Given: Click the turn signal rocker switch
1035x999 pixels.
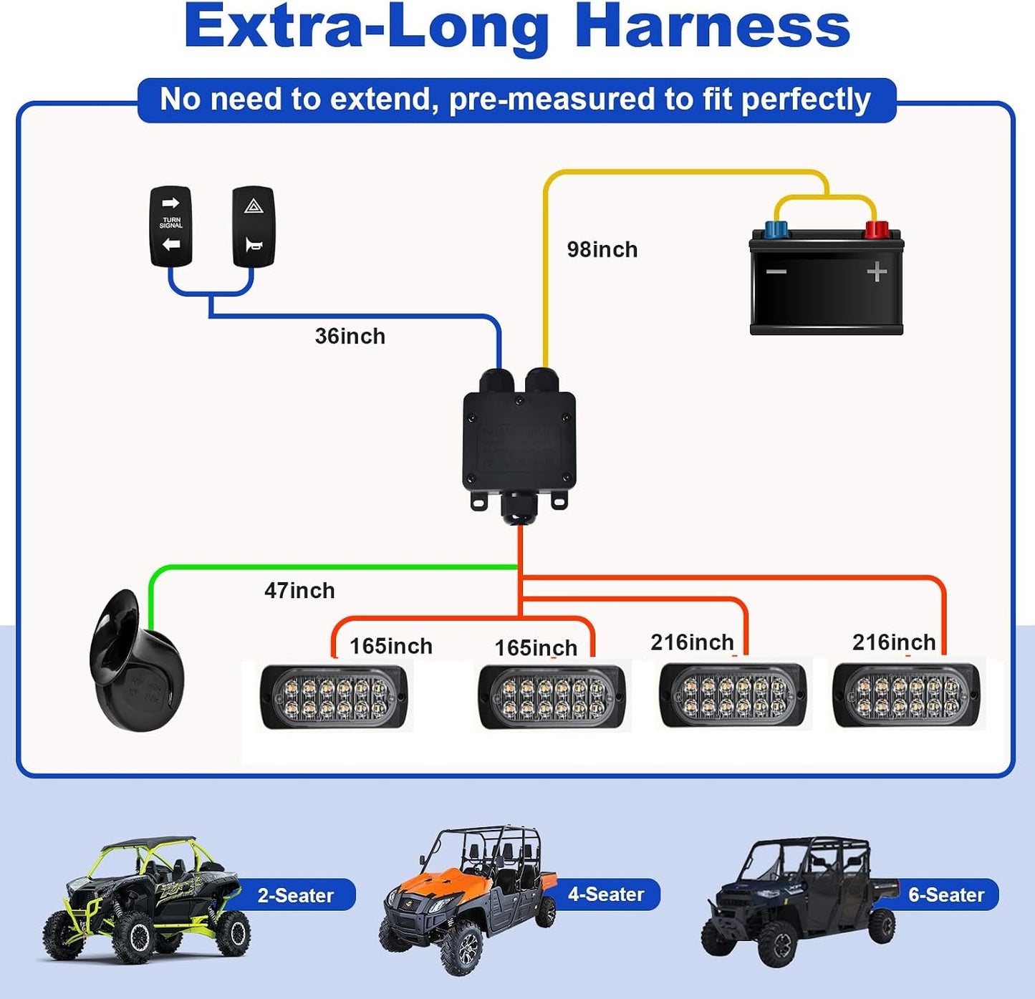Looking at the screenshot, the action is (170, 226).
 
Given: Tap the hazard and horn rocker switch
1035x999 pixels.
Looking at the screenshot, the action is (254, 226).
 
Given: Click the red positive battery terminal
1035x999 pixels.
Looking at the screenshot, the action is (877, 229).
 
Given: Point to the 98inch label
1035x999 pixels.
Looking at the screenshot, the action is (602, 249).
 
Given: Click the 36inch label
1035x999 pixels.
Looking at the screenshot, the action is (350, 336).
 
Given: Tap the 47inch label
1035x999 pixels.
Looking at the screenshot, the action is (299, 591).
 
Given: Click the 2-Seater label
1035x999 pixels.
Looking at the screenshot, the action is (296, 895).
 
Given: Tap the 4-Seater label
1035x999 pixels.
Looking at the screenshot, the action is (606, 894).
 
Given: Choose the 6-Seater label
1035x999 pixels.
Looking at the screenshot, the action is (946, 894).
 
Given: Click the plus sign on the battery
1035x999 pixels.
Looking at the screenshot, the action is (877, 272).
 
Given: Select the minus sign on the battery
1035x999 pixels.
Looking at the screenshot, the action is (776, 272).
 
